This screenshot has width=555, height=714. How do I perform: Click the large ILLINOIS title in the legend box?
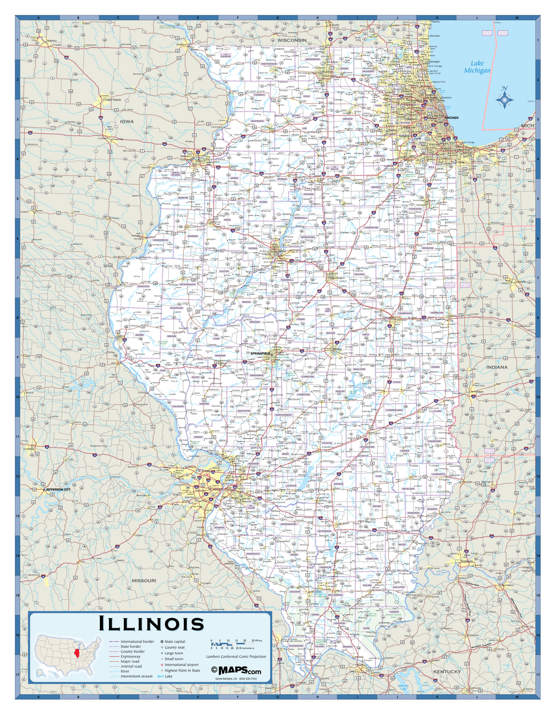point(151,624)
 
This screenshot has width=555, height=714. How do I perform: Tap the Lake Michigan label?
point(477,67)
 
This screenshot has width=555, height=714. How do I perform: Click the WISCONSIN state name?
point(291,40)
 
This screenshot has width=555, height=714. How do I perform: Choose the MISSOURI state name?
point(144,580)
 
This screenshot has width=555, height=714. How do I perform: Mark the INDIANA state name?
point(497,367)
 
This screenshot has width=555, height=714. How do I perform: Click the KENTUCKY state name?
point(447,672)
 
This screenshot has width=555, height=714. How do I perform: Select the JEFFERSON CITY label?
point(58,490)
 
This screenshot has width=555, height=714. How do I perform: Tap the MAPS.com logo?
point(236,671)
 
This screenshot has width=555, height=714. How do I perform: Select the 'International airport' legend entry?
point(181,665)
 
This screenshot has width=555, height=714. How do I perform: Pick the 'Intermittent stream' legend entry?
point(137,677)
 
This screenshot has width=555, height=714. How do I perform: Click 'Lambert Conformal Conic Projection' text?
point(236,656)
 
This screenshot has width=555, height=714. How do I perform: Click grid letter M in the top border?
point(517,18)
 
